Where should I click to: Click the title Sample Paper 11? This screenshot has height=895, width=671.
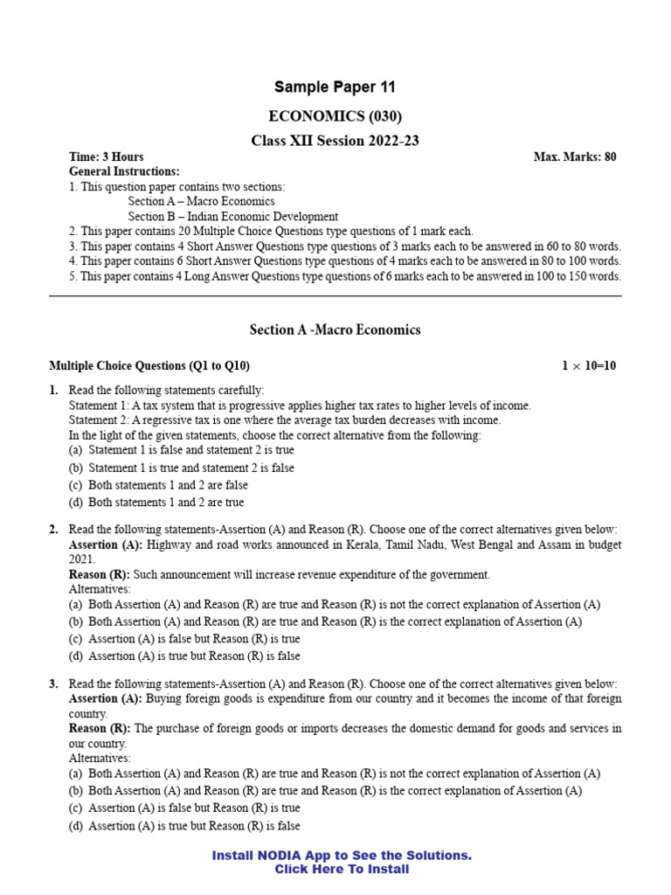pyautogui.click(x=335, y=87)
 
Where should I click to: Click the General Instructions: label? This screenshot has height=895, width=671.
pyautogui.click(x=124, y=172)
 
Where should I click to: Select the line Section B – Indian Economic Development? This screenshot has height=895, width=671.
pyautogui.click(x=232, y=217)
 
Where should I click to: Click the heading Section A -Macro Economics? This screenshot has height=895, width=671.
pyautogui.click(x=335, y=330)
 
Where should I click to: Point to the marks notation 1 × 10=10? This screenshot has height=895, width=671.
pyautogui.click(x=588, y=366)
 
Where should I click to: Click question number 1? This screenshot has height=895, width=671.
pyautogui.click(x=53, y=390)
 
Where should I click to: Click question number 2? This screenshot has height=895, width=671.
pyautogui.click(x=53, y=530)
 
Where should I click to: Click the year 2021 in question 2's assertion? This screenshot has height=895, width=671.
pyautogui.click(x=81, y=559)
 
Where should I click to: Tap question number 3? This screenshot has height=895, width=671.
pyautogui.click(x=53, y=683)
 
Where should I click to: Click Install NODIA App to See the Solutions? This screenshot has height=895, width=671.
pyautogui.click(x=342, y=856)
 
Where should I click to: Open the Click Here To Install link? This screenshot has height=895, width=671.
pyautogui.click(x=342, y=870)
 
